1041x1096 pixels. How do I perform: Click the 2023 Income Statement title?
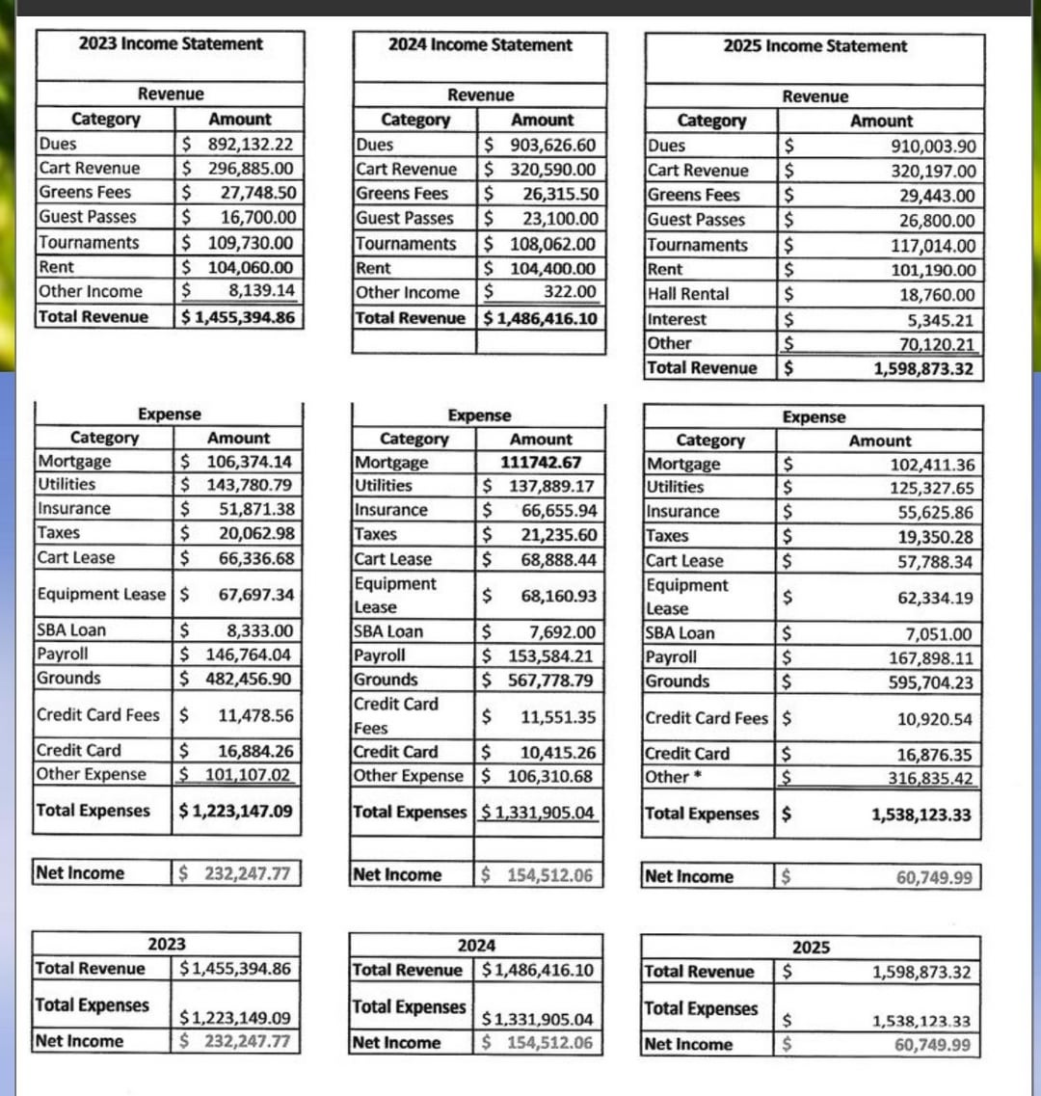(x=171, y=43)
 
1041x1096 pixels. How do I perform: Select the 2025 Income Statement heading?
(x=814, y=46)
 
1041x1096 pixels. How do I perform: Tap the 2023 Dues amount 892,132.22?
(x=251, y=145)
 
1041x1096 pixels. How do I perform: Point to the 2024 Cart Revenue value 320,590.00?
(x=552, y=170)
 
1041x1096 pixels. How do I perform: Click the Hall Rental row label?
(x=688, y=294)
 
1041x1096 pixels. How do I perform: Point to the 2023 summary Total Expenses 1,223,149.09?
(x=235, y=1017)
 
